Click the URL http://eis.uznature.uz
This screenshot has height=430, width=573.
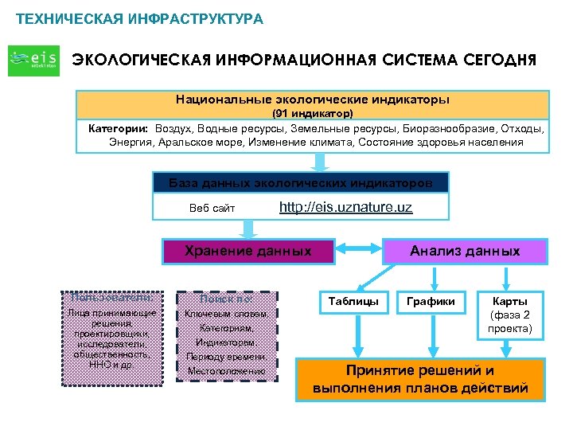point(345,209)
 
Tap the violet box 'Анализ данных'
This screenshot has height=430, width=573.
point(465,252)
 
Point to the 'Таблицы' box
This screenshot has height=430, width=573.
point(353,302)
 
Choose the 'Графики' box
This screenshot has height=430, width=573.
point(431,302)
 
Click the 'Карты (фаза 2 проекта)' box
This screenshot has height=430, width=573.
point(510,315)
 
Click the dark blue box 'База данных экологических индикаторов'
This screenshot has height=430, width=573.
point(301,183)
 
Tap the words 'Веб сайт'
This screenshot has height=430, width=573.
point(212,209)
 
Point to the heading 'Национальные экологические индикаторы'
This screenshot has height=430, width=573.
point(313,100)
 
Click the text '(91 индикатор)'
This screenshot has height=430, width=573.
point(313,114)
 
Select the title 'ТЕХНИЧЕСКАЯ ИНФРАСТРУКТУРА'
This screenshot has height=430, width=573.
point(139,18)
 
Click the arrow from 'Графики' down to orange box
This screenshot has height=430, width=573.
point(431,334)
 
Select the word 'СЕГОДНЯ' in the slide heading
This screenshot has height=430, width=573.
point(493,60)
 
